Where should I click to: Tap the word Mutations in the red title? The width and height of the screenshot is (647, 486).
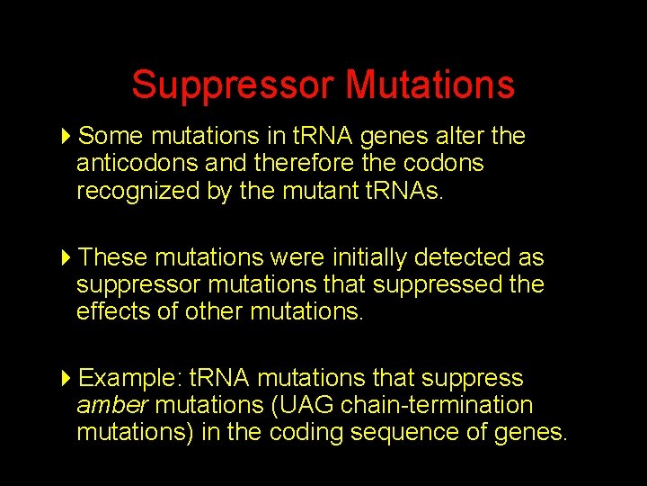[430, 85]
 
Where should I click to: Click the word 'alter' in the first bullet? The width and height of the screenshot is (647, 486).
[458, 136]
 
